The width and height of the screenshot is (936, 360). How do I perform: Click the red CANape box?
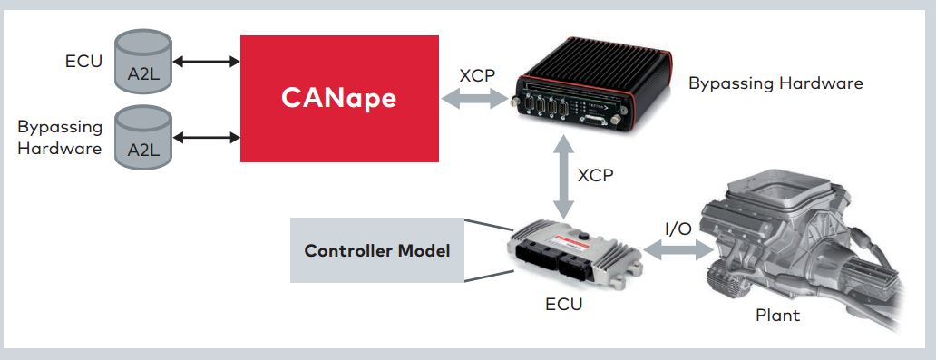coord(339,98)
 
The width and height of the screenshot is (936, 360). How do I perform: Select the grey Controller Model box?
coord(376,250)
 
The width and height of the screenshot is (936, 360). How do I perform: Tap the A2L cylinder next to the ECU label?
coord(143,61)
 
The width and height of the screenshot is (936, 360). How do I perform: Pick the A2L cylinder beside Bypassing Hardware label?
coord(143,136)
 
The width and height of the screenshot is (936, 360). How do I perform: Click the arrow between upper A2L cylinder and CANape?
coord(206,62)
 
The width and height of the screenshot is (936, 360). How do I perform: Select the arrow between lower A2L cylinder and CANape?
coord(206,138)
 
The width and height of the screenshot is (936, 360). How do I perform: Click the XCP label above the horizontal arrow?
coord(477,75)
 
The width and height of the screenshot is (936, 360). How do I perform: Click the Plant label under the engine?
coord(778,316)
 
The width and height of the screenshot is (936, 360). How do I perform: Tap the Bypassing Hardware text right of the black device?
coord(775,83)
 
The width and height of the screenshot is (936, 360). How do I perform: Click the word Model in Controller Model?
coord(425,250)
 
